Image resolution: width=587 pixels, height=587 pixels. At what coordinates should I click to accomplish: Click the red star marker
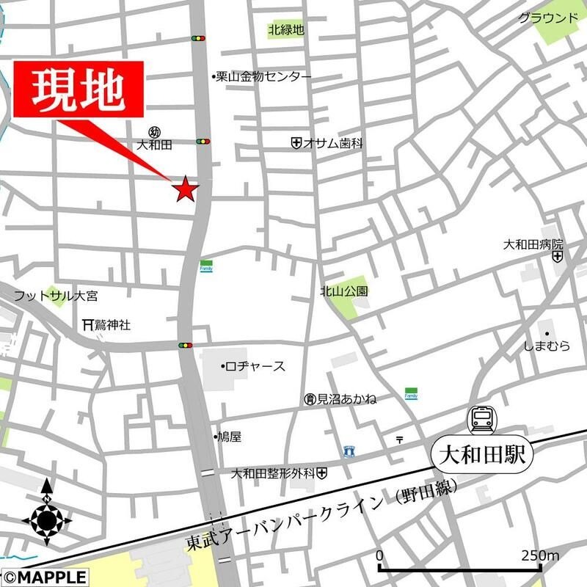pos(185,189)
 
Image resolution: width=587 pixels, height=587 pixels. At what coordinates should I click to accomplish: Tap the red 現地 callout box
pos(78,89)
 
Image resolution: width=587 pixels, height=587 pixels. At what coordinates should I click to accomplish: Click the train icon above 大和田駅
pos(482,420)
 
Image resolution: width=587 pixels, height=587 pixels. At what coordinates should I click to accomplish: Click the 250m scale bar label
pos(542,555)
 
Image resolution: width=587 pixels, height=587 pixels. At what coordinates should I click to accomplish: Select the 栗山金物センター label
pos(263,76)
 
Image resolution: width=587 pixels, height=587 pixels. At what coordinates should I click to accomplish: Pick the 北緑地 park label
pos(286,30)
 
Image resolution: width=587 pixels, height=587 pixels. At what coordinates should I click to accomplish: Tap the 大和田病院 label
pos(533,244)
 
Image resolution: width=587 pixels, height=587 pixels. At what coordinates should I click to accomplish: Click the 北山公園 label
pos(344,291)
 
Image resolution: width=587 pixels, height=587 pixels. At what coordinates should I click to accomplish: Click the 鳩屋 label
pos(229,437)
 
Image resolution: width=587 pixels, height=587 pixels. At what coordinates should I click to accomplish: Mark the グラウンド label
pos(547,18)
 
